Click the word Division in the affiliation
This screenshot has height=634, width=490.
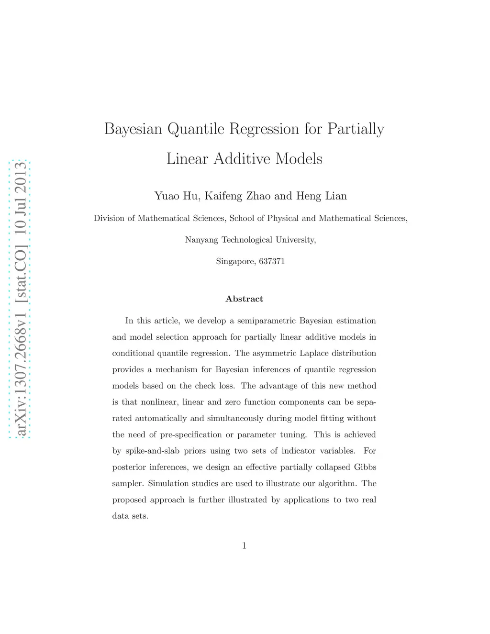[109, 218]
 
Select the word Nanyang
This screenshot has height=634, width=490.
[201, 240]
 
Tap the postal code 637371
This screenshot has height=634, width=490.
[272, 261]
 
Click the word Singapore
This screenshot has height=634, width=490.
[235, 262]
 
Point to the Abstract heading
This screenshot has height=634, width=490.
[245, 299]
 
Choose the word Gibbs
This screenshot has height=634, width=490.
[365, 467]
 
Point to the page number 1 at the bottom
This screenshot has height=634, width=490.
[245, 545]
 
